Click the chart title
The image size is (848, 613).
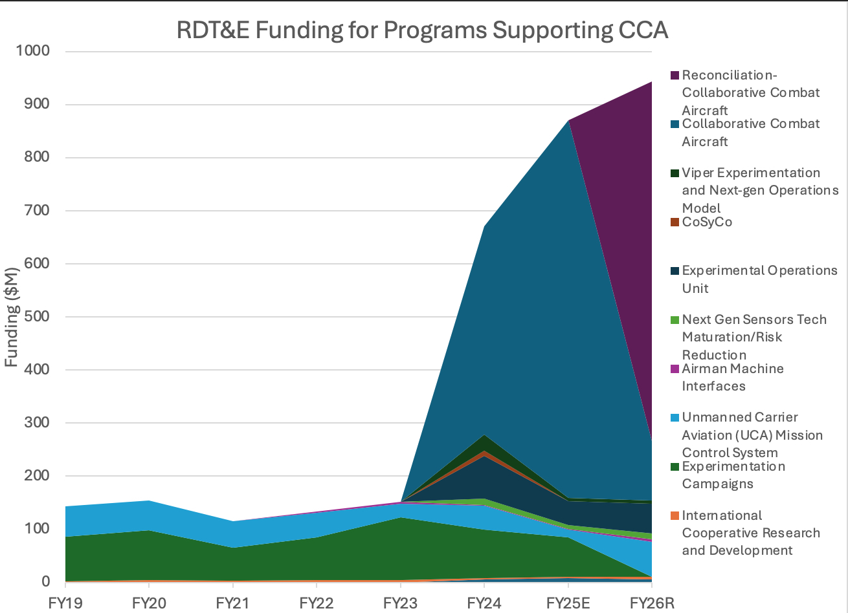422,30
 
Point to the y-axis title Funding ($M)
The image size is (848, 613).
11,317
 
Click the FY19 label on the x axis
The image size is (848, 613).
65,603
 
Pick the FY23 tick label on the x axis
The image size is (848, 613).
400,603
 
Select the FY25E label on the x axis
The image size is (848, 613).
568,603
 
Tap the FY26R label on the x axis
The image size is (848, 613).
652,603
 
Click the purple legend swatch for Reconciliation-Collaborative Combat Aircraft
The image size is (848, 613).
674,76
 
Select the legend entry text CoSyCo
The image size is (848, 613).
707,222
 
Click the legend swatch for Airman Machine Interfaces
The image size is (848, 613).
674,369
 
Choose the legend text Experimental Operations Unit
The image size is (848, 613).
759,279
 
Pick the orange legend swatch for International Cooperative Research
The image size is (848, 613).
674,516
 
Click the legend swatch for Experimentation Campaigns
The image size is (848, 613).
674,467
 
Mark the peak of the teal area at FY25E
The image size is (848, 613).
568,120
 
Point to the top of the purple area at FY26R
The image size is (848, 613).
651,82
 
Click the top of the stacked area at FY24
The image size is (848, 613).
484,226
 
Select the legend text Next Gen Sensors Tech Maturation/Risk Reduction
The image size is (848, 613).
754,337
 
